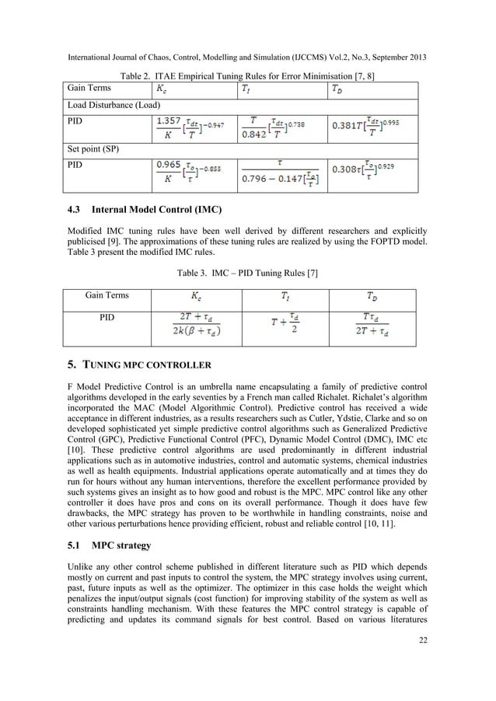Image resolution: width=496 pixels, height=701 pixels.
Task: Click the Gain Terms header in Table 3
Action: (107, 295)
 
